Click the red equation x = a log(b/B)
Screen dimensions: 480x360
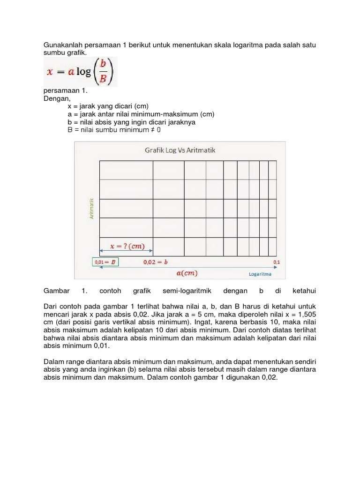point(80,72)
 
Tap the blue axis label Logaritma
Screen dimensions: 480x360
point(260,272)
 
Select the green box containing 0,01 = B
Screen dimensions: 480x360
point(105,262)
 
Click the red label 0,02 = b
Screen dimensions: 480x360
point(156,262)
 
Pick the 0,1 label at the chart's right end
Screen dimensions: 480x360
point(276,262)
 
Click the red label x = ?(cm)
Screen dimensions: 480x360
point(127,246)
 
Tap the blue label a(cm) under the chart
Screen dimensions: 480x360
point(187,272)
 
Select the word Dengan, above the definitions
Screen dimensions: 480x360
point(56,99)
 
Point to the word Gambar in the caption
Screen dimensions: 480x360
point(56,291)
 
